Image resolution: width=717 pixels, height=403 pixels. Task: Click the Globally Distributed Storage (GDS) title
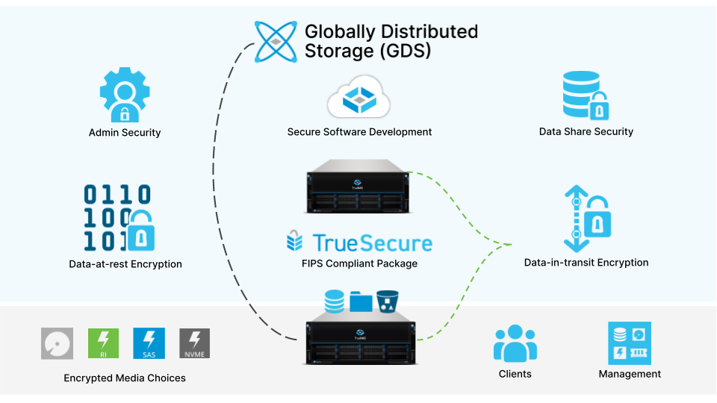(390, 42)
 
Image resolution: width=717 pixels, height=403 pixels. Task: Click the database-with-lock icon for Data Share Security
(586, 95)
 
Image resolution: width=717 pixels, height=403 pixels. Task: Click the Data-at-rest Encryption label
(125, 264)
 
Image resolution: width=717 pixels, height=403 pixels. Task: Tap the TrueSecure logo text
(360, 242)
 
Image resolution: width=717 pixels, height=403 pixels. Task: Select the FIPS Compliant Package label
(360, 263)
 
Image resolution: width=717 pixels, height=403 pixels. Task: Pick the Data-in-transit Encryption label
(586, 263)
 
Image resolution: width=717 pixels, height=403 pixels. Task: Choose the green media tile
(104, 344)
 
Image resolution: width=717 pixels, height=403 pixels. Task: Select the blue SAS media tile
(149, 344)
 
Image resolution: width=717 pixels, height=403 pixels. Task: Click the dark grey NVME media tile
(196, 344)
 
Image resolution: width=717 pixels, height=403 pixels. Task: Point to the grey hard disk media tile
(58, 344)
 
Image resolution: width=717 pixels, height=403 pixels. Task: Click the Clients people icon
(515, 343)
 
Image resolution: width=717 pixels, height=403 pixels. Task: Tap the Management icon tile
(630, 343)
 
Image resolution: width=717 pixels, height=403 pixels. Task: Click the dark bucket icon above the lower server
(387, 300)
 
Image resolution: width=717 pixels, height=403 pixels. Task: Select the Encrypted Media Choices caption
(125, 378)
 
